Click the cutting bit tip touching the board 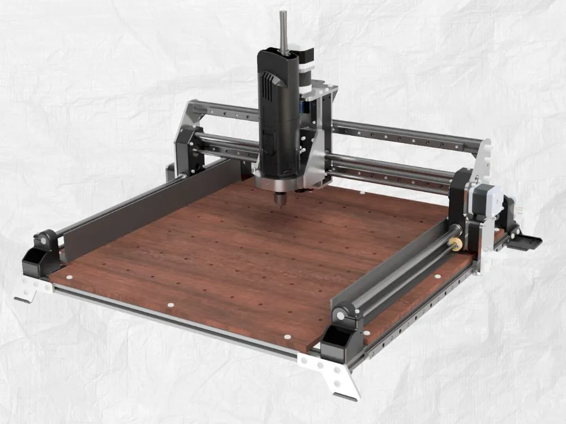pos(279,207)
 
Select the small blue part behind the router pos(310,110)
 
